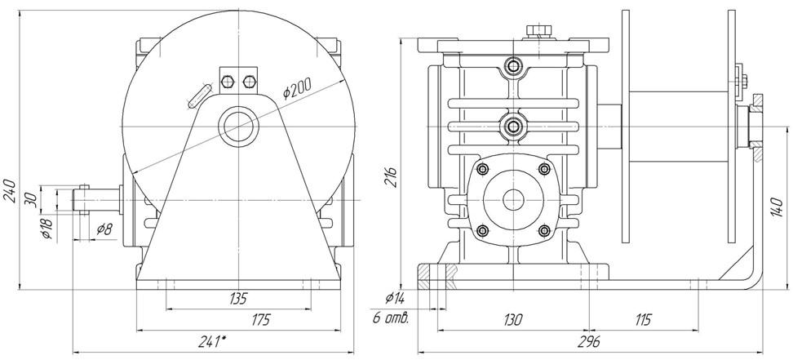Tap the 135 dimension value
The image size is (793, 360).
point(237,298)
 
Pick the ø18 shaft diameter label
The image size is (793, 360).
point(47,229)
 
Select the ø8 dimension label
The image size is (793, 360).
point(104,229)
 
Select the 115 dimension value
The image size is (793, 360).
point(644,320)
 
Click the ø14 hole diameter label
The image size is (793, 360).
point(393,299)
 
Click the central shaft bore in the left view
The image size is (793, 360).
point(237,125)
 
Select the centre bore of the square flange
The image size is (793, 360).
point(513,198)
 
